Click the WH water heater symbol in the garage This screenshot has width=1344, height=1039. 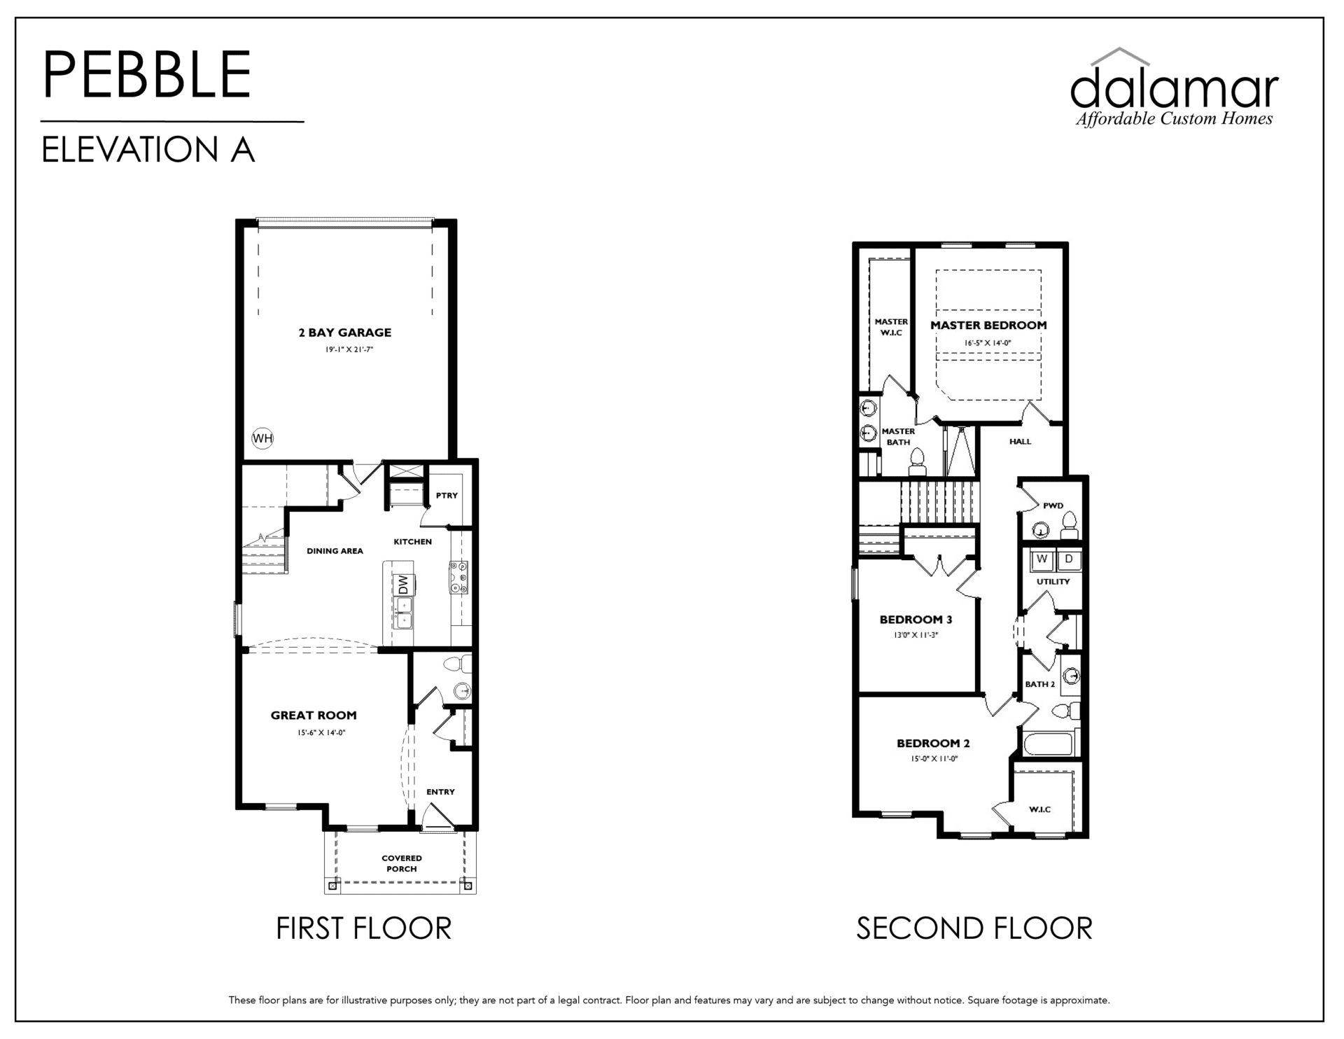262,439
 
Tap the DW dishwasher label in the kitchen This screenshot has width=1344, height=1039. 403,585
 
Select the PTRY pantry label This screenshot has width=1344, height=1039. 447,496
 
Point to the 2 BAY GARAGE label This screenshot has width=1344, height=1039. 345,333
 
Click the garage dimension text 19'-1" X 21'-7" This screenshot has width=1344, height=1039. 349,349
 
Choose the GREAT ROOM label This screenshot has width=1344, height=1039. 314,716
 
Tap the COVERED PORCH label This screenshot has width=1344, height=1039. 402,863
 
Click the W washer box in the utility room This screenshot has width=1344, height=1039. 1043,559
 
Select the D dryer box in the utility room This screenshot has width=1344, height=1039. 1069,559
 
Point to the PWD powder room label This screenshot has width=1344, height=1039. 1053,505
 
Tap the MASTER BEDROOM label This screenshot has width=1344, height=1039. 988,326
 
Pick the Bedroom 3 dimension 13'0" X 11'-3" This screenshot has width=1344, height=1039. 915,635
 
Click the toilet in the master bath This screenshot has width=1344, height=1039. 916,462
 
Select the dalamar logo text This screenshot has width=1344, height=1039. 1174,89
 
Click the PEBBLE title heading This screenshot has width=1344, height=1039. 147,74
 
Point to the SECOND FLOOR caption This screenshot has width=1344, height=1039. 974,929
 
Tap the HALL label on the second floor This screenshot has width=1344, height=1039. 1020,442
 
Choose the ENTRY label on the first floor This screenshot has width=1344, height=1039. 440,792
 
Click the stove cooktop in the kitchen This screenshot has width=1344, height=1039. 460,577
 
